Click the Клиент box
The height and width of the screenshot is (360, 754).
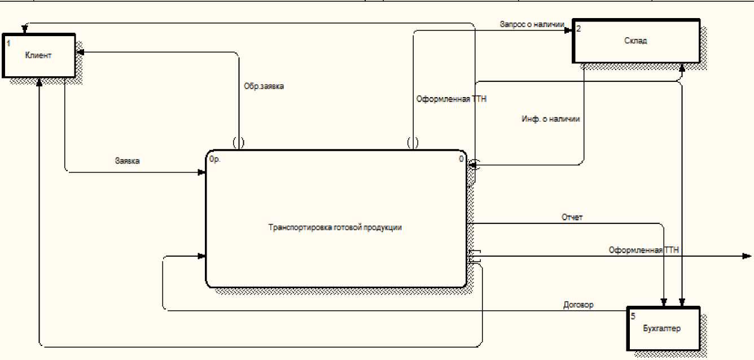(x=38, y=55)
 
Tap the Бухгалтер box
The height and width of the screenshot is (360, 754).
(x=663, y=328)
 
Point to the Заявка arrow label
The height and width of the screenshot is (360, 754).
(x=127, y=161)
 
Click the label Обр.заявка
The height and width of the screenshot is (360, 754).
(x=264, y=87)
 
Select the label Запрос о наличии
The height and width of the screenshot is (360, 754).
(x=532, y=24)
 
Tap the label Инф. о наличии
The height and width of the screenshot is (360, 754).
(x=551, y=119)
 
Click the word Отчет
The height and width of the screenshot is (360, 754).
(x=572, y=217)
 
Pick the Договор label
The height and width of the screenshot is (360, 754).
(x=578, y=305)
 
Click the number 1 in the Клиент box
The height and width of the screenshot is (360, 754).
(x=8, y=43)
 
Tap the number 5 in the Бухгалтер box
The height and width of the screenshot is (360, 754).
(x=633, y=317)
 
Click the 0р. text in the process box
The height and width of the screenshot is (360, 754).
(x=214, y=159)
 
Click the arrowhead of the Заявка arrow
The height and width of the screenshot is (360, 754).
(x=202, y=173)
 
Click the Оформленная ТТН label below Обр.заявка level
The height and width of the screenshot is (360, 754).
(x=451, y=99)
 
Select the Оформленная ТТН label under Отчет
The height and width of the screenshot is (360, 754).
(x=644, y=249)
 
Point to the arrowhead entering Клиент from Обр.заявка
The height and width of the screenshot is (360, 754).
(x=80, y=52)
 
